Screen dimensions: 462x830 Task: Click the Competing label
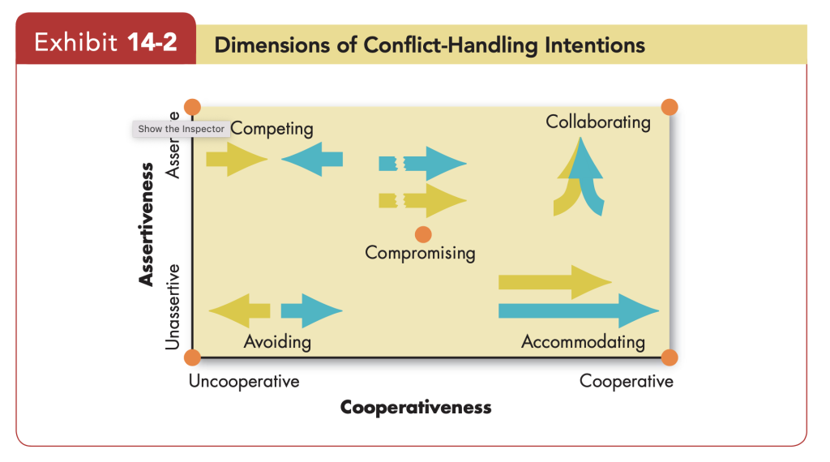point(272,129)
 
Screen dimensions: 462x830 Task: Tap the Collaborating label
point(597,122)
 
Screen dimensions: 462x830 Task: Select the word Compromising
point(420,253)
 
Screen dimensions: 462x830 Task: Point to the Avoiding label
point(277,341)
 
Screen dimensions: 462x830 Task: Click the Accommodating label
point(583,341)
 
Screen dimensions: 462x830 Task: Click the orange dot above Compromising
point(423,235)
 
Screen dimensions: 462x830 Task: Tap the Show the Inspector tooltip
point(181,129)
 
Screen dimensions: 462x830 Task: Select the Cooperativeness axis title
point(416,407)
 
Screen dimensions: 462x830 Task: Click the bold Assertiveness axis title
point(147,225)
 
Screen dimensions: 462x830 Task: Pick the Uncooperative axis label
point(244,381)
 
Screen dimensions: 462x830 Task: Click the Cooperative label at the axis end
point(626,381)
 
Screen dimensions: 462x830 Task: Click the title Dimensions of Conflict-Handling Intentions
point(430,45)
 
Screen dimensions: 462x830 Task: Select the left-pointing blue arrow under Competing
point(313,158)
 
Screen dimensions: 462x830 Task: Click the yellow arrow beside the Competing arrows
point(236,158)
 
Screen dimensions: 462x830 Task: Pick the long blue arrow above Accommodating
point(577,310)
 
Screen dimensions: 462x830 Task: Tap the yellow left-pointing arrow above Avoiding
point(240,310)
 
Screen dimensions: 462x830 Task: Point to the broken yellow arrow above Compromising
point(422,199)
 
